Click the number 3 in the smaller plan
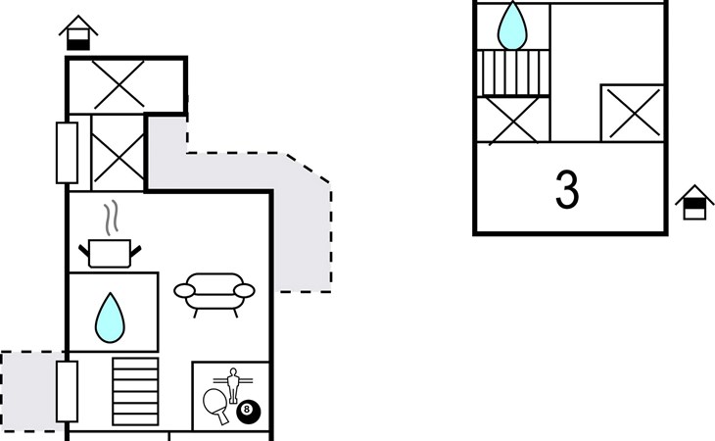567,190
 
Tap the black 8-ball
249,413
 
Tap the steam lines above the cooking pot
114,215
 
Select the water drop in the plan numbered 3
512,26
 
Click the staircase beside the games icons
135,389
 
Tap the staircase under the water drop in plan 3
512,73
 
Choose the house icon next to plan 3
693,203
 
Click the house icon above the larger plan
78,33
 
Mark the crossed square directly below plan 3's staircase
511,120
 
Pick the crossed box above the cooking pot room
118,153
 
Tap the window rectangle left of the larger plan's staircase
67,390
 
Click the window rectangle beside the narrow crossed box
67,152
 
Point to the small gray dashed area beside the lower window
29,390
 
